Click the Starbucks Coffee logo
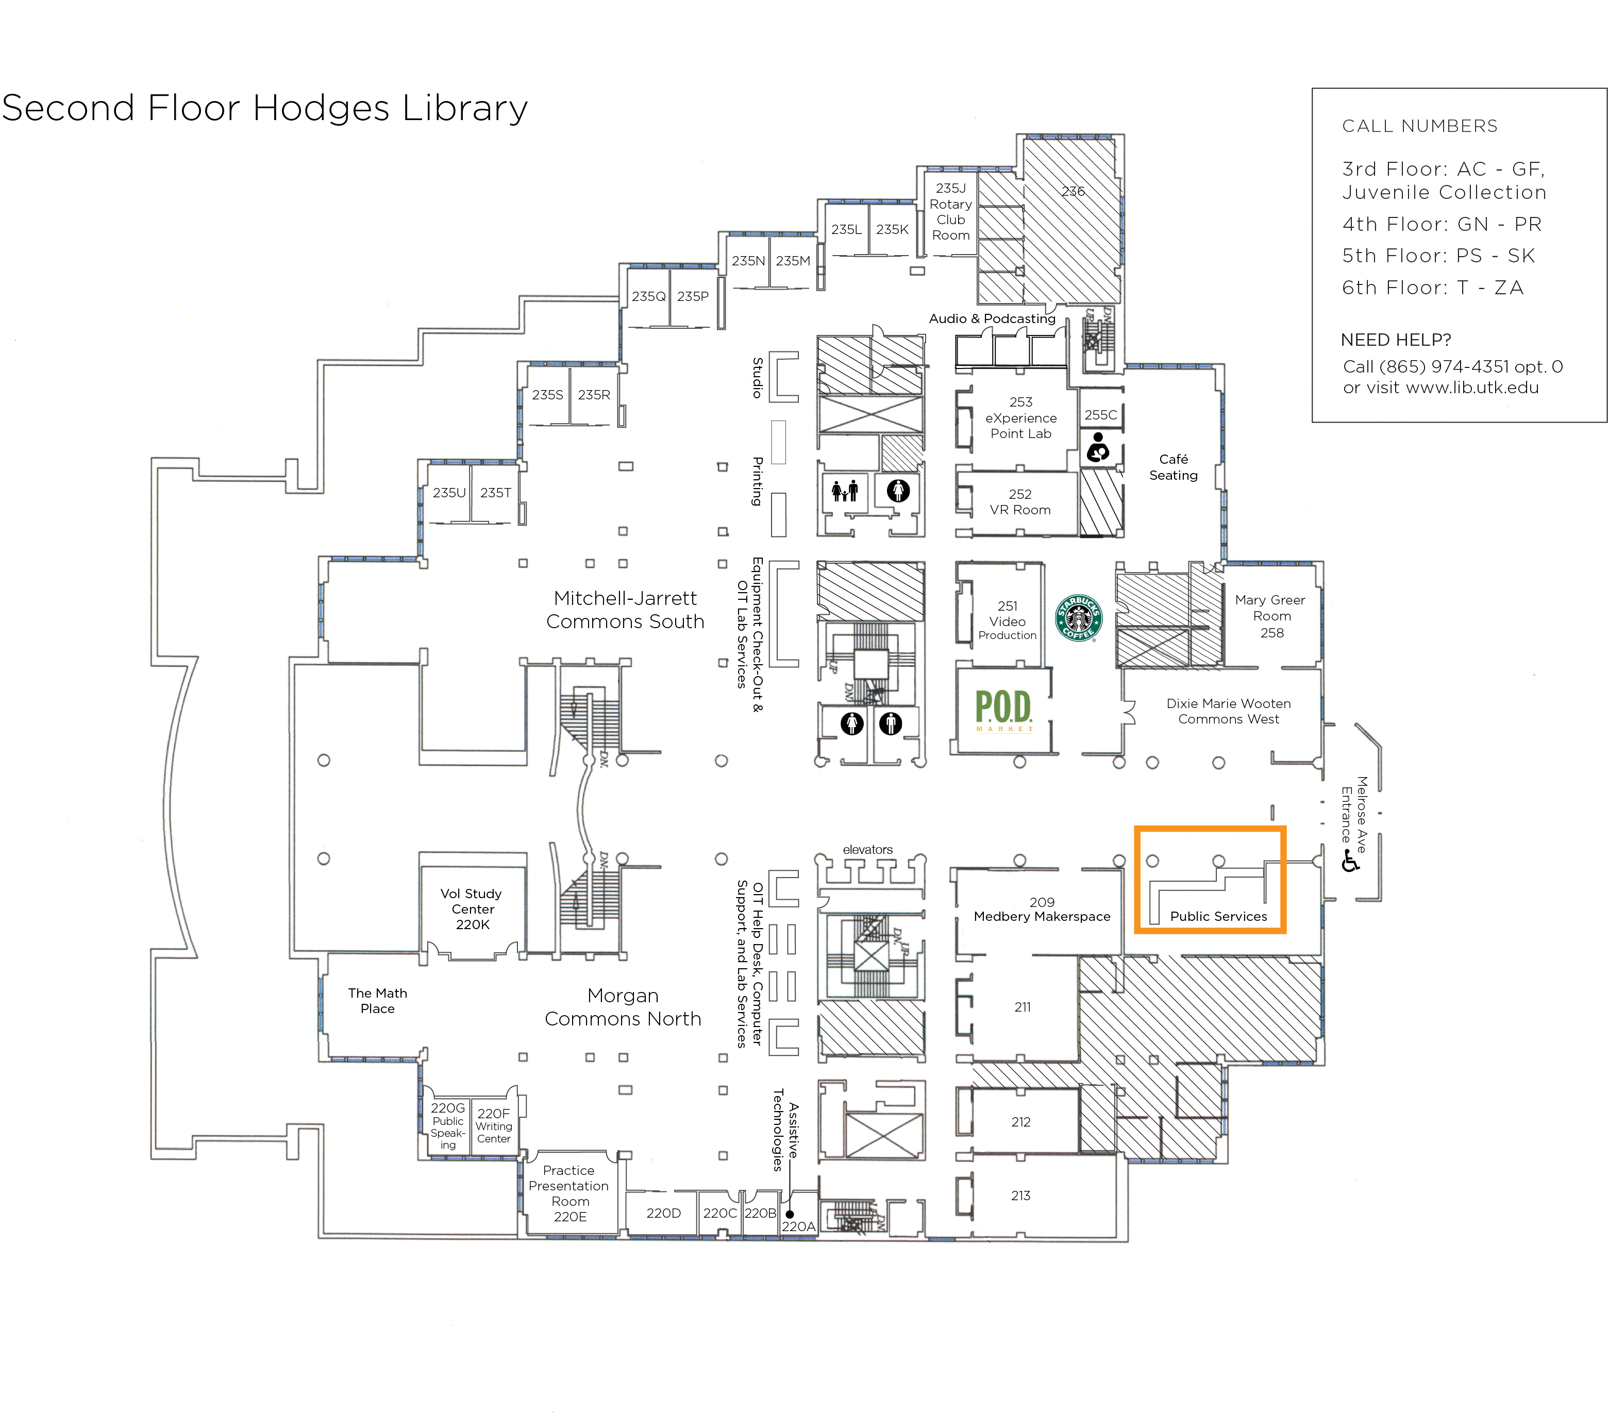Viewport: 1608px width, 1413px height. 1079,617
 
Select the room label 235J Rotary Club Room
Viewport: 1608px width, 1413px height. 950,212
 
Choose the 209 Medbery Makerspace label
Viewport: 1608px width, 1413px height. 1042,910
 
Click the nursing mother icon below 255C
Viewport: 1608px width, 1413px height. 1098,448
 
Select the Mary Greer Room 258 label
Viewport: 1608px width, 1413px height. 1270,616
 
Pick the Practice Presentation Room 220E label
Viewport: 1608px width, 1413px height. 569,1193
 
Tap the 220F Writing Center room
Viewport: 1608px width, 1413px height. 493,1125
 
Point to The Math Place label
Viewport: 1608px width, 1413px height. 378,1001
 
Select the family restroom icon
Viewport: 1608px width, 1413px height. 845,492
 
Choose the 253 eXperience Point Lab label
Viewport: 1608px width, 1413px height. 1020,418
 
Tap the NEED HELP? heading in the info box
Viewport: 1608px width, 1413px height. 1396,340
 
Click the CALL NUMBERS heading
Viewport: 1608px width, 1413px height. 1419,126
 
